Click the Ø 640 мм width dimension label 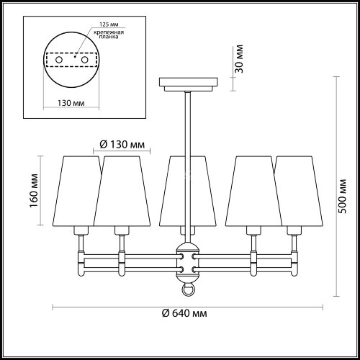(182, 313)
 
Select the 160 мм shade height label (32, 189)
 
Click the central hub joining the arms (186, 262)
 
